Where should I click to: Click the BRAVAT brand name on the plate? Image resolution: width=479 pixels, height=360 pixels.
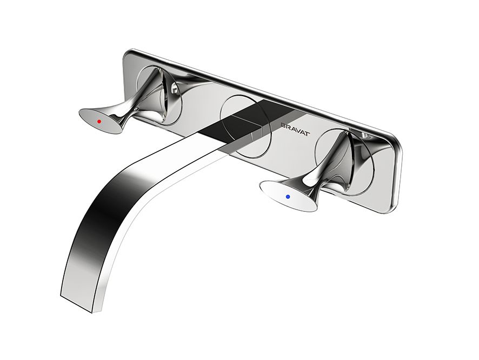[x=295, y=129]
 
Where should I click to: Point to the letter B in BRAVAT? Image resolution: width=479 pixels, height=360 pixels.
[x=283, y=125]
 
